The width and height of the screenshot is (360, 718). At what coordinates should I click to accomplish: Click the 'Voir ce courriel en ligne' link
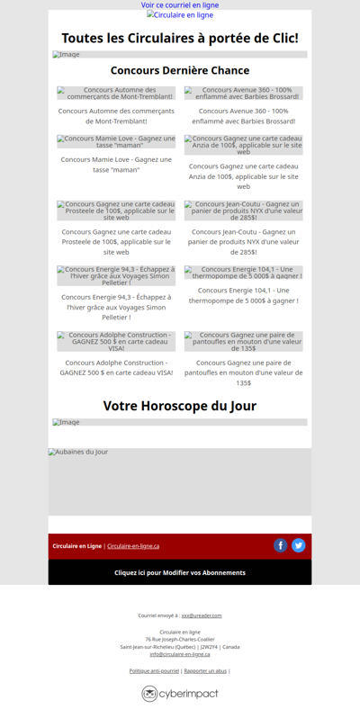tap(180, 5)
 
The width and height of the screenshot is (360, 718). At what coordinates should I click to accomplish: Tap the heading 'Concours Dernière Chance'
tap(180, 70)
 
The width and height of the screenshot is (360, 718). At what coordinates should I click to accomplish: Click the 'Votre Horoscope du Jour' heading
tap(180, 406)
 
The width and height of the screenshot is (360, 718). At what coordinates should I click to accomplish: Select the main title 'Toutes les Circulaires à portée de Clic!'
tap(180, 38)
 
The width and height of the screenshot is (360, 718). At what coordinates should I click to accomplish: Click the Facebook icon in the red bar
tap(280, 545)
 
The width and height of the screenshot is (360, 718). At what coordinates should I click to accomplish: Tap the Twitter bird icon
tap(298, 545)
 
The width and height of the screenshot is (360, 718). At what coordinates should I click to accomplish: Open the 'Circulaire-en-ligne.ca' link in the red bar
tap(133, 546)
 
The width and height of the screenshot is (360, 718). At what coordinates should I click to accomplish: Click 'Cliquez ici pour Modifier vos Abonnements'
tap(180, 572)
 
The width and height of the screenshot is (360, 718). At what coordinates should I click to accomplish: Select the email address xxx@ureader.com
tap(202, 615)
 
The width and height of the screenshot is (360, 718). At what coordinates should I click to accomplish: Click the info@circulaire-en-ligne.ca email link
tap(180, 654)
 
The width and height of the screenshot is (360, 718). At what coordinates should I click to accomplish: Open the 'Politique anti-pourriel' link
tap(154, 670)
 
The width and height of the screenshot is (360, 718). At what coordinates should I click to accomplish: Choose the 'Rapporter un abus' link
tap(205, 670)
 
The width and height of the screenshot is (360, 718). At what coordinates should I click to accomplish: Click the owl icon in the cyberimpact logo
tap(149, 694)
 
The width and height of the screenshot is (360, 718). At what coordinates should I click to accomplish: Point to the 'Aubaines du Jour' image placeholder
tap(180, 481)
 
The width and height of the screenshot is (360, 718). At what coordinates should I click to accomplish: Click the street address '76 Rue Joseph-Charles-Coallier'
tap(180, 639)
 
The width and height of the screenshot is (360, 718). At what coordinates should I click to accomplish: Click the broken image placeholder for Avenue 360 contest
tap(244, 93)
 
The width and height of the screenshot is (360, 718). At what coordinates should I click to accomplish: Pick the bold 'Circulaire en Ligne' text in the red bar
tap(76, 546)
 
